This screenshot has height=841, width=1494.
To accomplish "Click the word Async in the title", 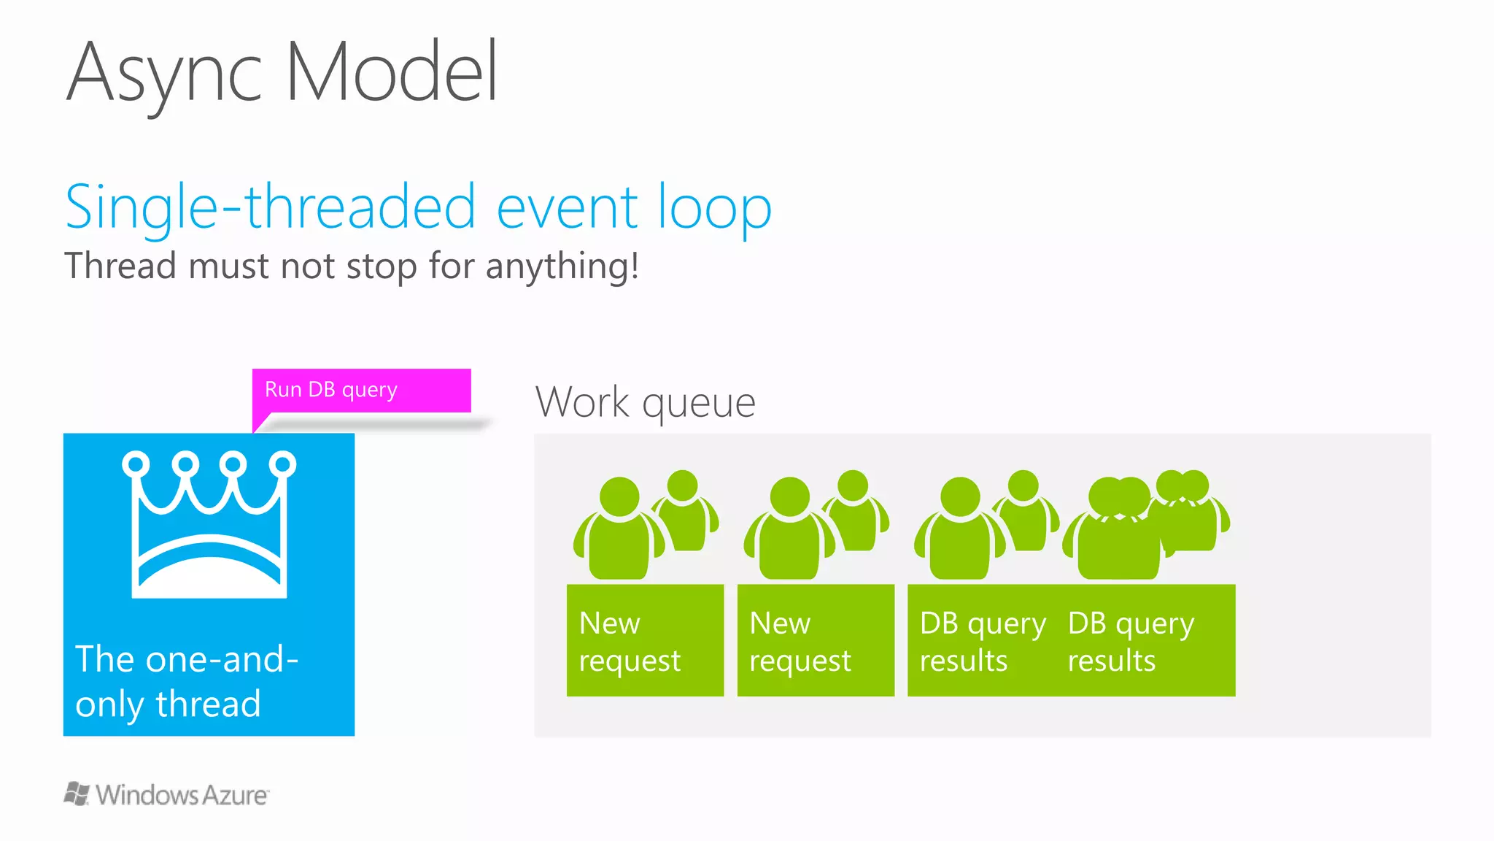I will pyautogui.click(x=163, y=73).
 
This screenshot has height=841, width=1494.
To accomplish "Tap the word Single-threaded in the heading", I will pyautogui.click(x=270, y=207).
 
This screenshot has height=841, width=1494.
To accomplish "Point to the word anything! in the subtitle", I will pyautogui.click(x=562, y=266).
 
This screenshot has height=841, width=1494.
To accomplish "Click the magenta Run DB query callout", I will pyautogui.click(x=361, y=391).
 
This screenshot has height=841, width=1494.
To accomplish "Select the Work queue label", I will pyautogui.click(x=645, y=402).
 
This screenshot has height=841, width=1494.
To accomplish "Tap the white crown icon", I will pyautogui.click(x=209, y=526).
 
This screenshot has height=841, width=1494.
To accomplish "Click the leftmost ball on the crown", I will pyautogui.click(x=136, y=464).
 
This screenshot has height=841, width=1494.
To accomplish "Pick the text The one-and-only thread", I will pyautogui.click(x=187, y=680).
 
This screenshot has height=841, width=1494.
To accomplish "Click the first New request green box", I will pyautogui.click(x=645, y=640).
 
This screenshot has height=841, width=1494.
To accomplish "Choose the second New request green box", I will pyautogui.click(x=816, y=640).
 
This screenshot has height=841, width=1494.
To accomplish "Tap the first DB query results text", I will pyautogui.click(x=982, y=641).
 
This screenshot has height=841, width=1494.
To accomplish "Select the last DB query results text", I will pyautogui.click(x=1131, y=641).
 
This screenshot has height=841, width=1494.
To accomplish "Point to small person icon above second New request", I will pyautogui.click(x=855, y=511).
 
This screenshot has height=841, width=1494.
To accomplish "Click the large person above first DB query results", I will pyautogui.click(x=959, y=529).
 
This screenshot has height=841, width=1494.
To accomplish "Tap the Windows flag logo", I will pyautogui.click(x=77, y=794).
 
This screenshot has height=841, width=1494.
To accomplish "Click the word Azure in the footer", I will pyautogui.click(x=234, y=795).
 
